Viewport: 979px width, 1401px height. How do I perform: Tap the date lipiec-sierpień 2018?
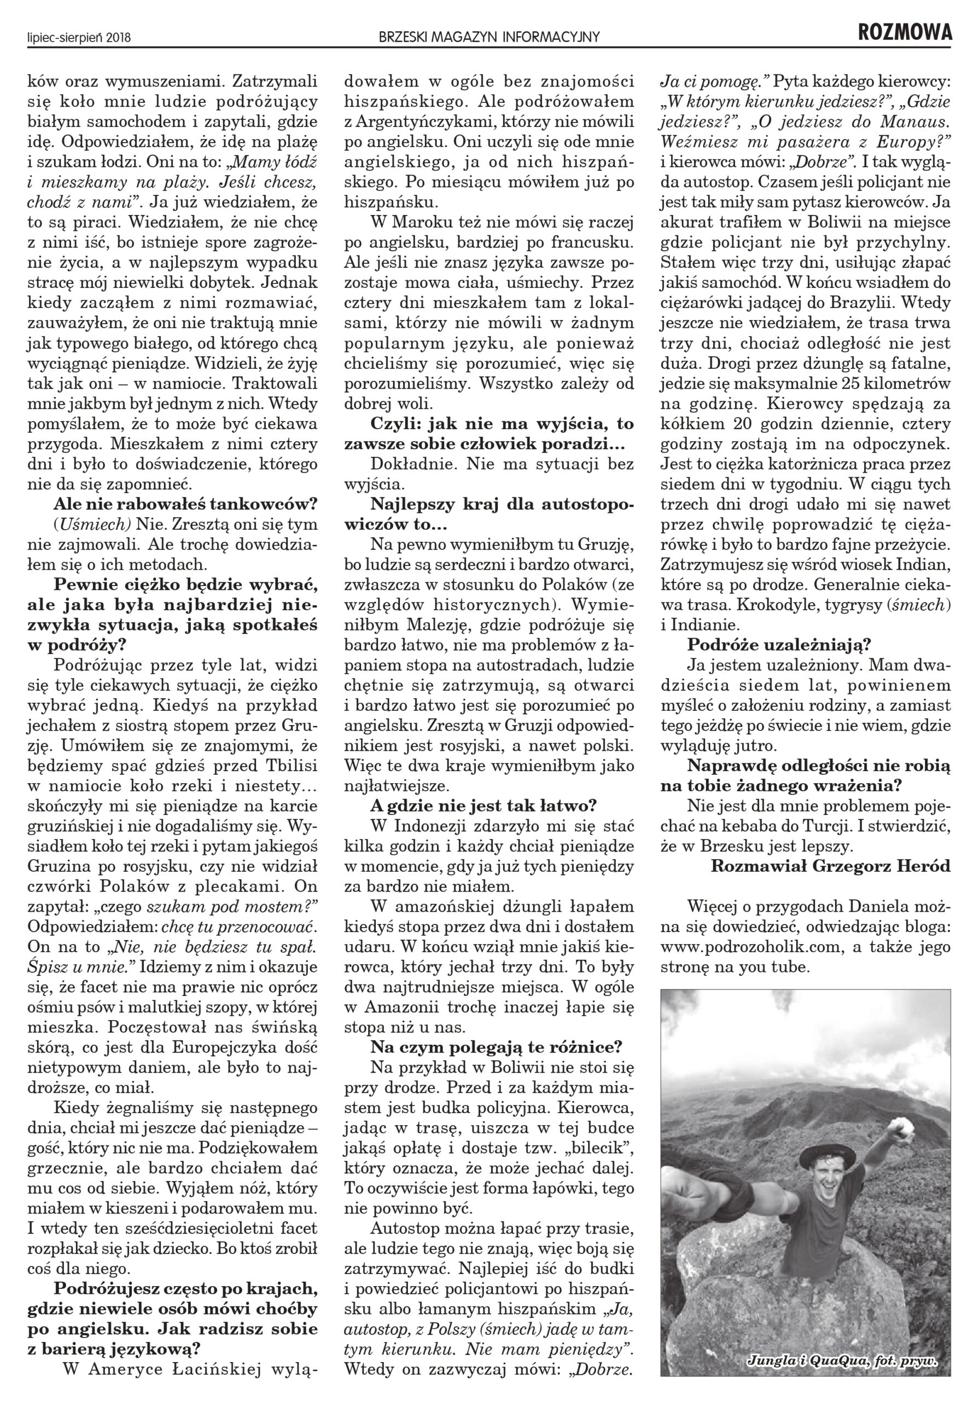pos(79,38)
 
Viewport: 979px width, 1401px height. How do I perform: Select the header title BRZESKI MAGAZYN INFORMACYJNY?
pos(489,38)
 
